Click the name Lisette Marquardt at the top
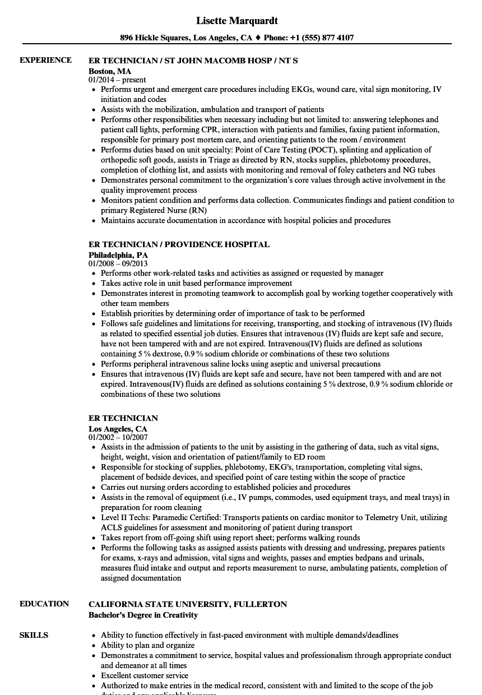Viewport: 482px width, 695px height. click(237, 21)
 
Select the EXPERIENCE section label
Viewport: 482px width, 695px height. click(45, 60)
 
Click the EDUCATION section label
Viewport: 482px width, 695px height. click(44, 604)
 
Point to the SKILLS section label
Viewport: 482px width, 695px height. click(34, 635)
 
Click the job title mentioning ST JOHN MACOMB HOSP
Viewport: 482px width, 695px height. click(193, 60)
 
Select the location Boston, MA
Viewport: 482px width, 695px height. click(110, 71)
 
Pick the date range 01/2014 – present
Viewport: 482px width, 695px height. click(117, 80)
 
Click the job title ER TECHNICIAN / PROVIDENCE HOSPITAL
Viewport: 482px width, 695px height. click(179, 244)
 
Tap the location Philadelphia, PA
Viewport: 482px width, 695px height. click(118, 255)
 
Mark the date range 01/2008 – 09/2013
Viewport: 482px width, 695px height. click(118, 263)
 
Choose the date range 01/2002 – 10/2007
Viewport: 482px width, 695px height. click(118, 437)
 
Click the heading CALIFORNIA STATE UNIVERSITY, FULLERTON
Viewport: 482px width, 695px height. click(188, 604)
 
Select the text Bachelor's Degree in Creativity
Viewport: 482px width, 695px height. click(143, 615)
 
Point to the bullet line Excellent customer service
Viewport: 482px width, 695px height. click(145, 675)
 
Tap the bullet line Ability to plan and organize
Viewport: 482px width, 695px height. click(148, 645)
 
